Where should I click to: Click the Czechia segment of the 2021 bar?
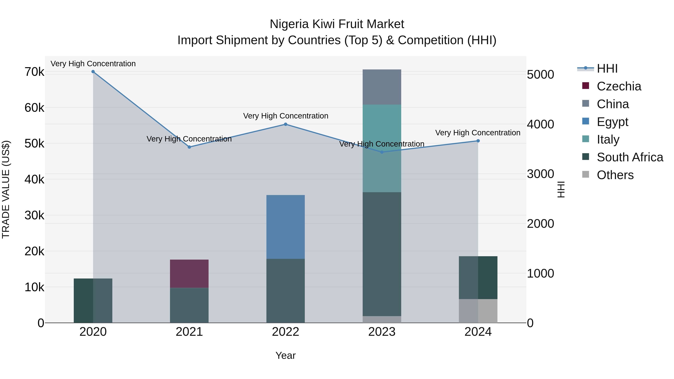[x=189, y=274]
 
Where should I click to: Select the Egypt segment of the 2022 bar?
[x=286, y=227]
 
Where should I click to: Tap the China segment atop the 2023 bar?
[x=382, y=87]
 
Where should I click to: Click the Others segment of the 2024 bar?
[x=478, y=311]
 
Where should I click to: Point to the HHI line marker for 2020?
[x=93, y=72]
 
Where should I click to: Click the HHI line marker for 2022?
[x=286, y=124]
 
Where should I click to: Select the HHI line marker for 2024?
[x=478, y=141]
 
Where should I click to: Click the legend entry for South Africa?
[x=630, y=157]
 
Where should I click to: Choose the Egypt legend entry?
[x=612, y=122]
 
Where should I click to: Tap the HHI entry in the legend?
[x=607, y=69]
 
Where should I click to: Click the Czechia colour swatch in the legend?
[x=586, y=86]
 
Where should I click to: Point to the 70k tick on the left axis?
[x=34, y=72]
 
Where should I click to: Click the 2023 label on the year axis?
[x=382, y=332]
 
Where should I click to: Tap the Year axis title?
[x=286, y=355]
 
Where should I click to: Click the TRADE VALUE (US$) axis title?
[x=6, y=189]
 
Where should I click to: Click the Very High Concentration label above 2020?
[x=93, y=64]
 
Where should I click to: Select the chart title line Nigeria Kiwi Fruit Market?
[x=337, y=24]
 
